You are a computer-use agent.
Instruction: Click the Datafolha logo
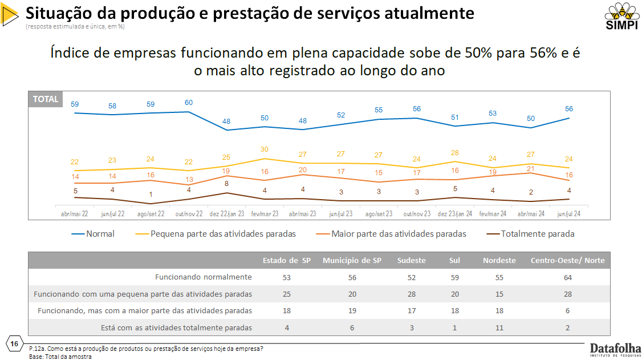(x=615, y=349)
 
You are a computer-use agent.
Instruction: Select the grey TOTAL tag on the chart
(x=46, y=99)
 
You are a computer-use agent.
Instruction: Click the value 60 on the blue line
(x=189, y=103)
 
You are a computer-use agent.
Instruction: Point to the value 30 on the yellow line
(x=264, y=149)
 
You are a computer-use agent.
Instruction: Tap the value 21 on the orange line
(x=530, y=169)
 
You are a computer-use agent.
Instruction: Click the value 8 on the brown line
(x=226, y=184)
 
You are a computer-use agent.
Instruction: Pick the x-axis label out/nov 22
(x=188, y=213)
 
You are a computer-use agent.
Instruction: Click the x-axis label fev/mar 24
(x=493, y=213)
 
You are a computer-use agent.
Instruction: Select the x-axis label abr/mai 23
(x=302, y=213)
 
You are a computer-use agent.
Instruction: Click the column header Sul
(x=454, y=260)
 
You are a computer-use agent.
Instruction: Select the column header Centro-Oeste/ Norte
(x=568, y=260)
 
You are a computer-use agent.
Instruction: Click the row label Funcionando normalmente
(x=204, y=277)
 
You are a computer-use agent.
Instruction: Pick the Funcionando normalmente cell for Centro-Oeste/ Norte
(x=568, y=277)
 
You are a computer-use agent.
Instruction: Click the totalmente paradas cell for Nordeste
(x=499, y=327)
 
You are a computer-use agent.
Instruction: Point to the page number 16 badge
(x=14, y=343)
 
